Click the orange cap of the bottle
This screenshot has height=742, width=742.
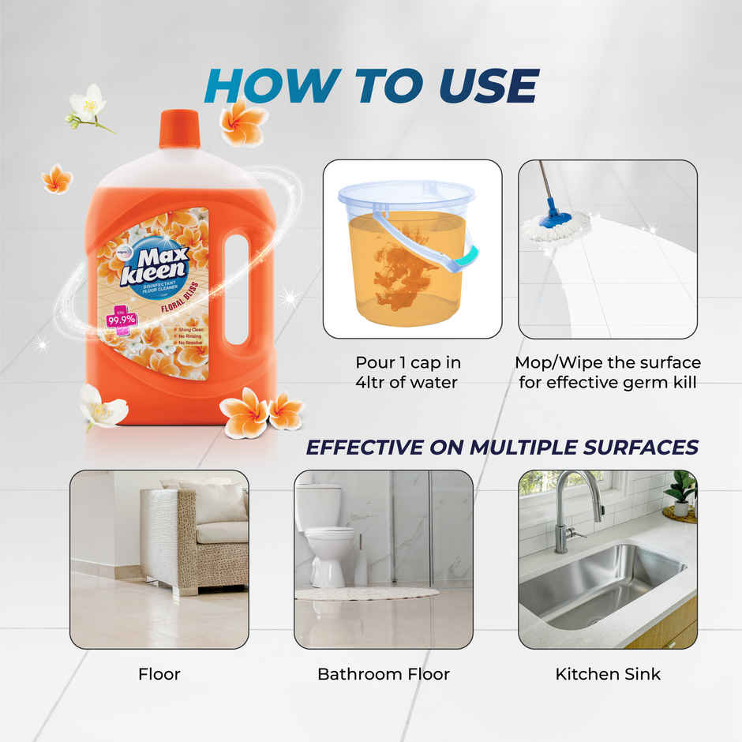180,129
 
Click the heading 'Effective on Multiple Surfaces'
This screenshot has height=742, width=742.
502,447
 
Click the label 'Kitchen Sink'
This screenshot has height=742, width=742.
608,674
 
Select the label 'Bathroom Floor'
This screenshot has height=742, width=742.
384,674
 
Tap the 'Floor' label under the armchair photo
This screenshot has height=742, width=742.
159,674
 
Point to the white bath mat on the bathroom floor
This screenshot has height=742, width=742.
367,593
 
